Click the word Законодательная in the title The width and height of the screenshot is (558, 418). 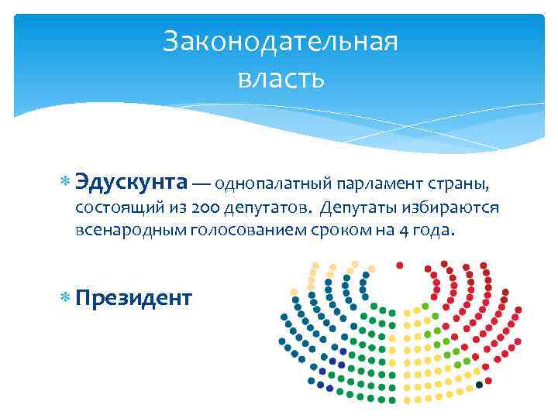click(x=281, y=42)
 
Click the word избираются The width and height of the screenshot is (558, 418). click(x=453, y=209)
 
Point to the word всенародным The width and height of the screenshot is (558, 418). click(x=125, y=231)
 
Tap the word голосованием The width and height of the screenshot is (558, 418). click(x=241, y=231)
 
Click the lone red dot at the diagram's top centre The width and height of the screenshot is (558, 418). click(x=400, y=265)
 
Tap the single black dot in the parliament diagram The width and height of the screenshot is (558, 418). click(x=480, y=384)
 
